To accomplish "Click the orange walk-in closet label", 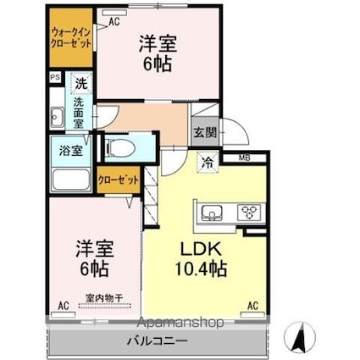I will coord(70,36).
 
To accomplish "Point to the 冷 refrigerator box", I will coord(206,163).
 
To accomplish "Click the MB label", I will coord(244,158).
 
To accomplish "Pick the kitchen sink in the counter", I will coord(211,213).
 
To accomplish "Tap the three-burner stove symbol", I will coord(250,212).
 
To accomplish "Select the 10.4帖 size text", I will coord(200,271).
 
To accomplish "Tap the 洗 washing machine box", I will coord(80,83).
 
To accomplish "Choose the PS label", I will coord(55,77).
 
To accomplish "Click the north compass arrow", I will coord(298,341).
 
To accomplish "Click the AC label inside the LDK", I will coord(252,304).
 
